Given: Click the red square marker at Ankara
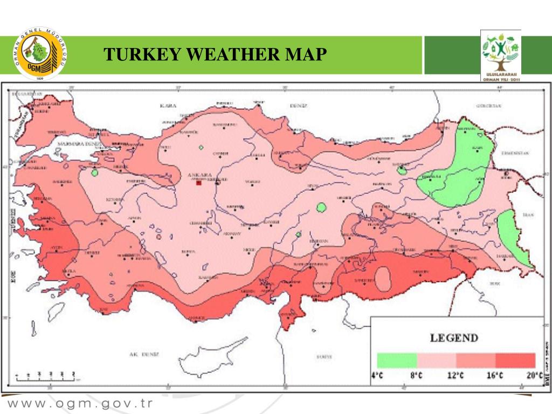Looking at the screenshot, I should [199, 183].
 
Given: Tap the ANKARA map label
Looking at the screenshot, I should [199, 175].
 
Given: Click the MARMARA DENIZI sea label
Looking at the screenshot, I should [80, 144].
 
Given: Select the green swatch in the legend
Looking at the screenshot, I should [397, 360].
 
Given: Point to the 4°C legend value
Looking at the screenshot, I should [377, 376].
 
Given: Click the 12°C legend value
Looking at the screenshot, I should [456, 376].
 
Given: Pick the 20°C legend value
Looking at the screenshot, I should [534, 376].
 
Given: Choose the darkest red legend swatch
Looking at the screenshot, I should [515, 360].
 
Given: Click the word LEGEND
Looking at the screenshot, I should [453, 339].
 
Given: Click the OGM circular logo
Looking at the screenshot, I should [39, 54].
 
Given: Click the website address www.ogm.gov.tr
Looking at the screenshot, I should [80, 403].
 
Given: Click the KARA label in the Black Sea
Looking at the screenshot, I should [168, 106].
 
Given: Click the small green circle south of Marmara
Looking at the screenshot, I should [95, 173].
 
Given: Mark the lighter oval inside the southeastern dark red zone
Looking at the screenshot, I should [383, 279].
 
